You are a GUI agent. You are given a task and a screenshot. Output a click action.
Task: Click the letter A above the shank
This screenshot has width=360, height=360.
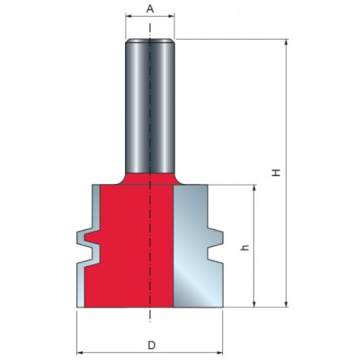[150, 9]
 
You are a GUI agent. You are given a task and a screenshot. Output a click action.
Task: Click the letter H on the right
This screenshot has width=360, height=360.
[276, 173]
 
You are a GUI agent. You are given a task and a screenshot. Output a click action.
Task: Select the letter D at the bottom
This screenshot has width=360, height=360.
[151, 346]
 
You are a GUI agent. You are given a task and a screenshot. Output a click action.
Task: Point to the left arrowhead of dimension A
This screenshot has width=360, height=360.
[128, 17]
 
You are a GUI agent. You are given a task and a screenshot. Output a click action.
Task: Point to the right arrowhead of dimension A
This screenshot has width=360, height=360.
[171, 17]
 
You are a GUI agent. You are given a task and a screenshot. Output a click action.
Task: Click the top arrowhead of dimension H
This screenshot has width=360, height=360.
[286, 42]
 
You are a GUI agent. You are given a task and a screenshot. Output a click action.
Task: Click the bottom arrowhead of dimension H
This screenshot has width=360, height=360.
[286, 304]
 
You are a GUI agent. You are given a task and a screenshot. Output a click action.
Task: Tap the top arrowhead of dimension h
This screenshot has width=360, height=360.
[254, 188]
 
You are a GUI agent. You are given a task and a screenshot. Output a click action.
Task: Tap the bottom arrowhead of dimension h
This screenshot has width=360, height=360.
[254, 304]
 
